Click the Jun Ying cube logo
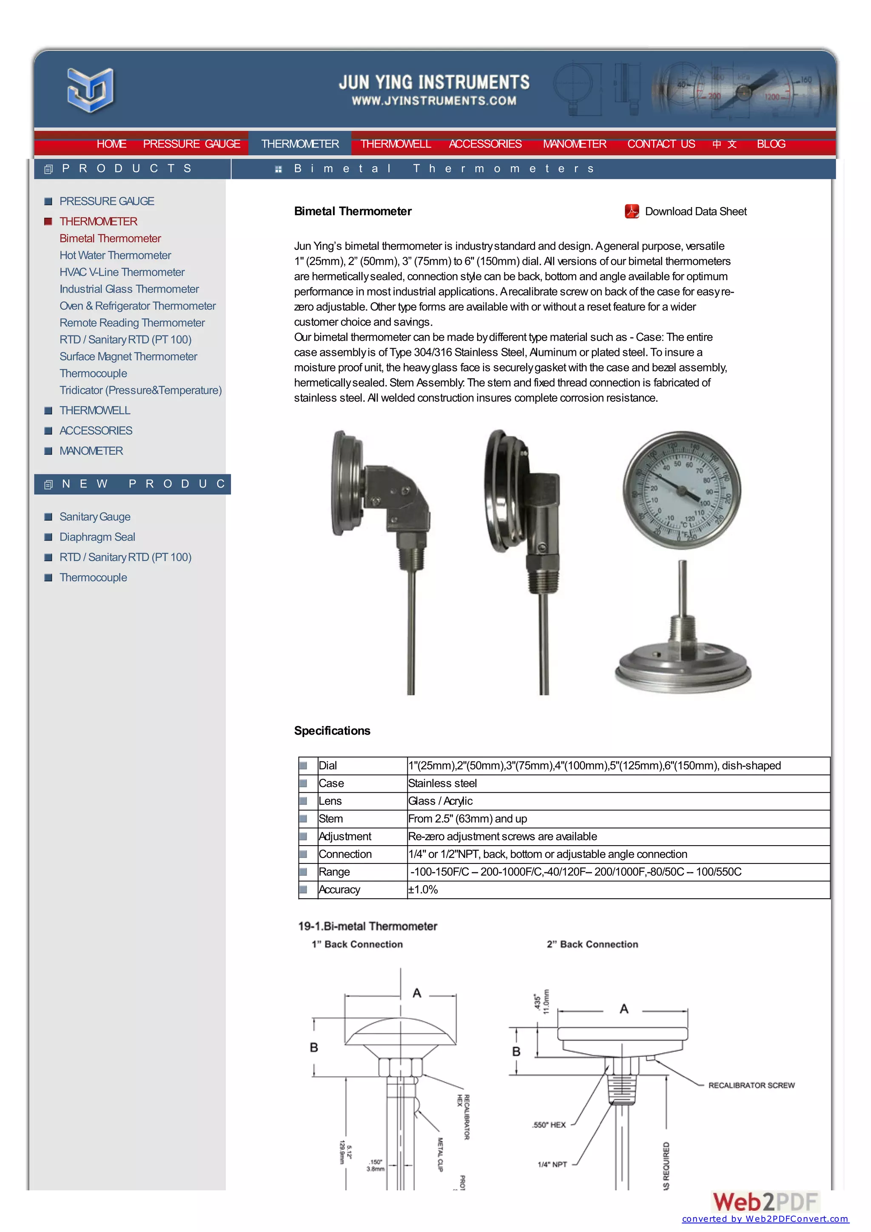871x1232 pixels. pos(90,90)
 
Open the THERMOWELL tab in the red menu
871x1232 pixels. pos(395,144)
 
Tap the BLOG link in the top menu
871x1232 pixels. pos(771,144)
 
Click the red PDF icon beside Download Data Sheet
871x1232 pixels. pos(632,211)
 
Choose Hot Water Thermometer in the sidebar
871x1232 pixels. pos(115,255)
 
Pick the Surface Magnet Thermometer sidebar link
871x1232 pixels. pos(128,356)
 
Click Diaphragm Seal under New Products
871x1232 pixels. pos(97,537)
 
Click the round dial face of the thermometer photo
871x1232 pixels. pos(682,490)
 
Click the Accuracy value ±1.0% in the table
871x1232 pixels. pos(423,890)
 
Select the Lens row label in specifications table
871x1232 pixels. pos(330,801)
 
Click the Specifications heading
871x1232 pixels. pos(332,731)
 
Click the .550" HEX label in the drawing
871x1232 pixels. pos(549,1125)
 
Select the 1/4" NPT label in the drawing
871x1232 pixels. pos(552,1164)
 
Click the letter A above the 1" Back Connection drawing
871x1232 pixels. pos(417,993)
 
